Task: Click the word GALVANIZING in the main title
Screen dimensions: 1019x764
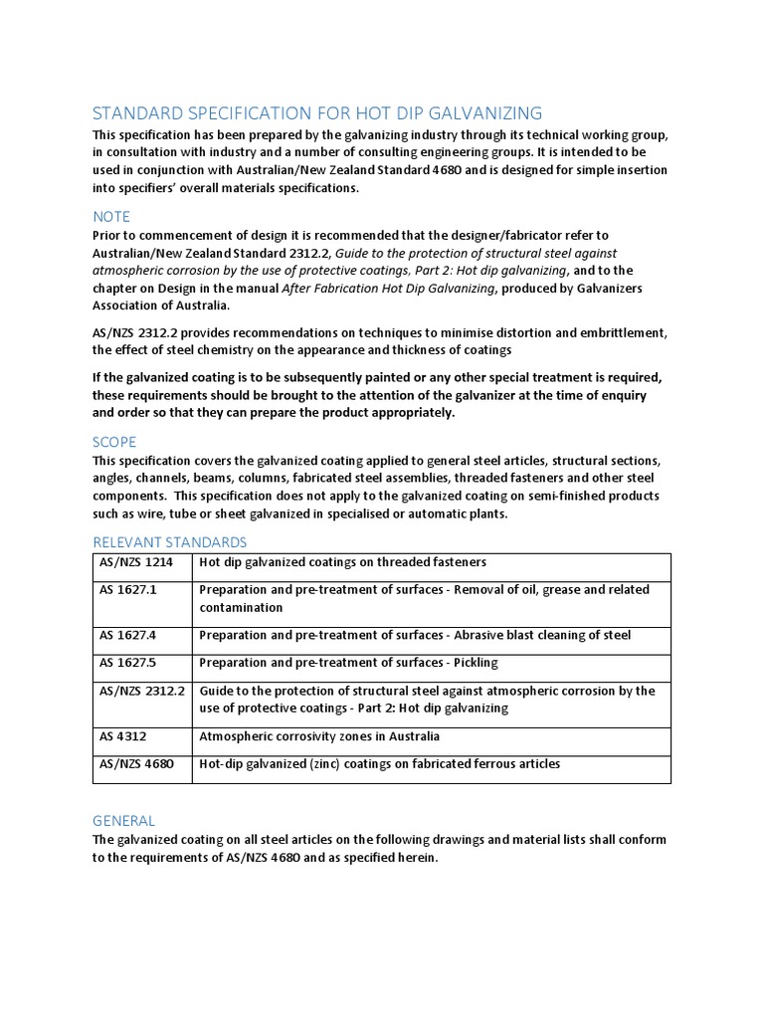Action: (x=477, y=112)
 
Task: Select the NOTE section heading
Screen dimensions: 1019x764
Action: (x=111, y=216)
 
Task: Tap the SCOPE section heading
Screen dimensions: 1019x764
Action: (x=114, y=441)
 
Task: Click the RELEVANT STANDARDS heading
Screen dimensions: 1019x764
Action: (x=169, y=541)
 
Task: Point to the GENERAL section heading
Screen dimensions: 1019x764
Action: (x=123, y=820)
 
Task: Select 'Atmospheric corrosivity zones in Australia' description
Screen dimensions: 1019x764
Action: (x=319, y=736)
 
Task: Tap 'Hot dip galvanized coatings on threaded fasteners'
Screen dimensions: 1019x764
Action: (x=342, y=562)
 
